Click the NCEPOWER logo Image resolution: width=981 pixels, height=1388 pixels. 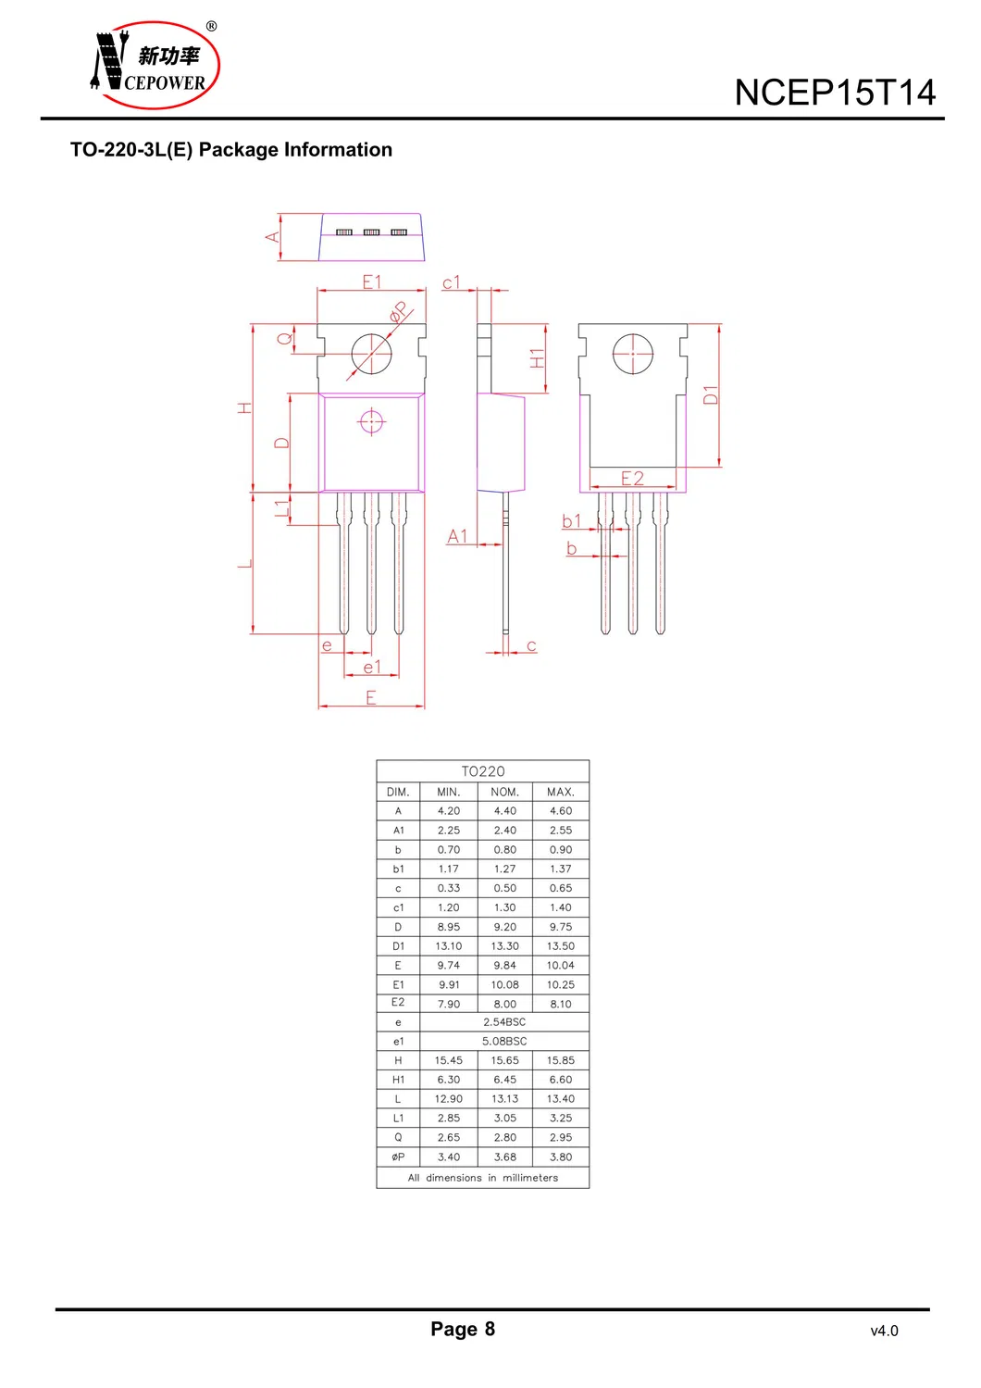(x=155, y=65)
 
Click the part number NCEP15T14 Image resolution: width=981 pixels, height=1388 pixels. (x=834, y=93)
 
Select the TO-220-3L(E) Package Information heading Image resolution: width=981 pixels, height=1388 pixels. (x=231, y=150)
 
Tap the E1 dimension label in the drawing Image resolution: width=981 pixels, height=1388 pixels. (x=372, y=282)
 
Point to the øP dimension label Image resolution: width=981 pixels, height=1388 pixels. (x=401, y=311)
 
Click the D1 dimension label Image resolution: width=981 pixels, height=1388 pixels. (x=711, y=394)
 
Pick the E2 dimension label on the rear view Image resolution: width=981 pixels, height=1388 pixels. (x=632, y=479)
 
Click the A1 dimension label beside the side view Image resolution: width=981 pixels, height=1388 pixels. (x=457, y=536)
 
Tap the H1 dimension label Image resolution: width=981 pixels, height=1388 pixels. (x=537, y=358)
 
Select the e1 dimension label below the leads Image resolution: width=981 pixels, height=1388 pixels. (x=372, y=667)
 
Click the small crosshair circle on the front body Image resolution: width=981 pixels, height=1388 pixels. (x=371, y=422)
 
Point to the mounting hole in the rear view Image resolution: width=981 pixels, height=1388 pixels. (x=633, y=354)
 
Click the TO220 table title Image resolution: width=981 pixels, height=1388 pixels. (x=483, y=771)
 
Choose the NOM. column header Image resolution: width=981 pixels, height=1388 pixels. (x=504, y=792)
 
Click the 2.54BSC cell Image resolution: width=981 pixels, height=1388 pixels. (x=504, y=1022)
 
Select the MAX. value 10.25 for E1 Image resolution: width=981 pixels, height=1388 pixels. (x=561, y=984)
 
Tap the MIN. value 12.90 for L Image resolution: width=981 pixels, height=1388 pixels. (x=448, y=1098)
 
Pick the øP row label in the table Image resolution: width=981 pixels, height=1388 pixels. (x=398, y=1157)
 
